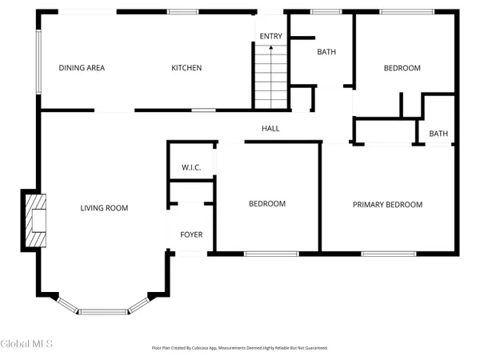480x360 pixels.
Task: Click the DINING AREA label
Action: click(82, 68)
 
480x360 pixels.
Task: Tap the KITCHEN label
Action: click(186, 68)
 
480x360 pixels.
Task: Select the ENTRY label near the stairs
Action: click(270, 36)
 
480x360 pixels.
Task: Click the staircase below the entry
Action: click(270, 77)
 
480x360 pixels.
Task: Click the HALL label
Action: click(270, 128)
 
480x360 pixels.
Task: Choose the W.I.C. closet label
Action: click(190, 167)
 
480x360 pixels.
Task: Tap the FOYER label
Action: click(190, 235)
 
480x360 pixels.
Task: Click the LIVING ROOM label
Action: click(104, 208)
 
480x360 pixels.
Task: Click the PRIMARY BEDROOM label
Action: click(388, 205)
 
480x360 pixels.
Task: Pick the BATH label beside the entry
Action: click(326, 52)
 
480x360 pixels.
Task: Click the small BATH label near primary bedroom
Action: click(438, 134)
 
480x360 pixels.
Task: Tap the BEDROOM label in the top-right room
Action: click(402, 68)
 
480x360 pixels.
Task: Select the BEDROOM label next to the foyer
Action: click(266, 204)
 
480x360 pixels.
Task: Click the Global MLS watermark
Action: click(26, 344)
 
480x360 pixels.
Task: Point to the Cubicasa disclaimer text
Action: click(240, 348)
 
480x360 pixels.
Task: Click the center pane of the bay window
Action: click(103, 311)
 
